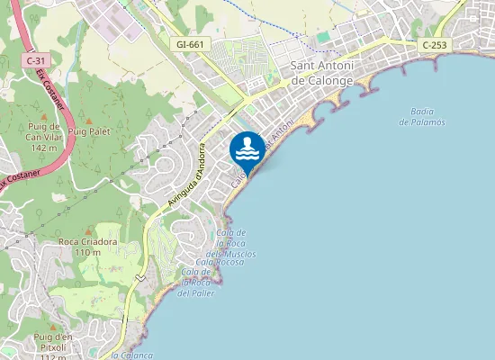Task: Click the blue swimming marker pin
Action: point(247,148)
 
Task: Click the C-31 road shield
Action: point(33,59)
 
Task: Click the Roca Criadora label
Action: point(87,242)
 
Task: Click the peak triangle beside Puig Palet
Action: point(88,120)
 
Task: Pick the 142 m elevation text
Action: point(43,148)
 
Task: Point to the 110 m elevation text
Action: point(87,253)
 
